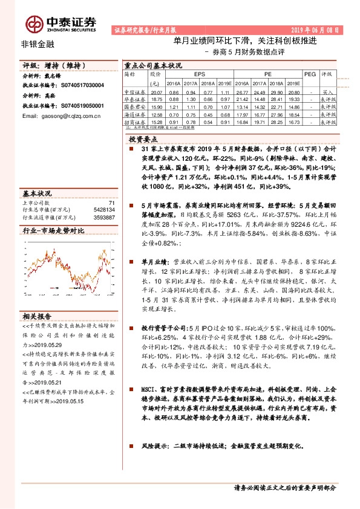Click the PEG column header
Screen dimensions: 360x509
[x=310, y=74]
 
